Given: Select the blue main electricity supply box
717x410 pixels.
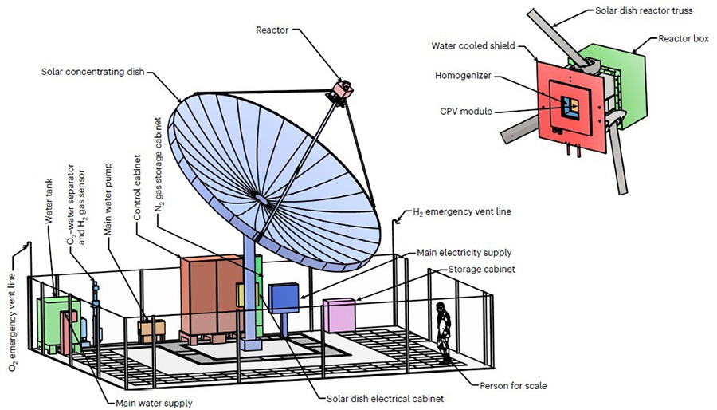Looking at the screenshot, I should tap(282, 298).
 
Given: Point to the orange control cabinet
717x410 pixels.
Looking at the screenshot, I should tap(210, 294).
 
